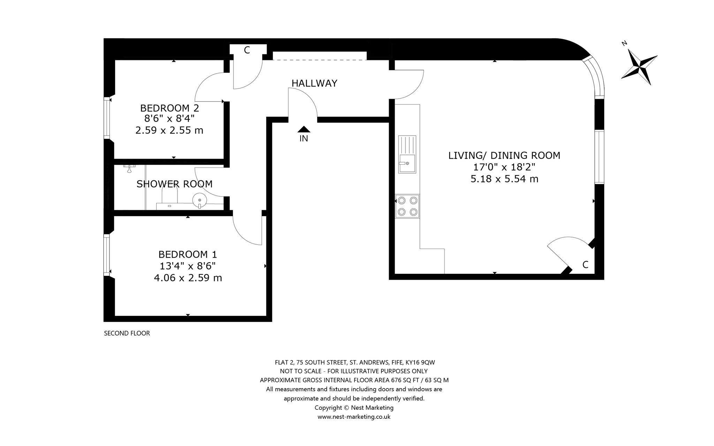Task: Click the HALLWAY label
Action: [x=314, y=83]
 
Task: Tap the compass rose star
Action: [x=639, y=67]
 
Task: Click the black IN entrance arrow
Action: [x=304, y=129]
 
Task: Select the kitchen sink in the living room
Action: [x=407, y=154]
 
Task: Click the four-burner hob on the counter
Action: [x=408, y=206]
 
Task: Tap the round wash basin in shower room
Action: [x=199, y=201]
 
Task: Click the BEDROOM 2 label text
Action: [x=169, y=108]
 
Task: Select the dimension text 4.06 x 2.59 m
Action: [x=188, y=278]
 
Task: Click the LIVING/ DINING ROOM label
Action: [x=504, y=156]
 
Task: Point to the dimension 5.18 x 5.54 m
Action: [x=504, y=179]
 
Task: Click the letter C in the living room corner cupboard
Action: [x=585, y=265]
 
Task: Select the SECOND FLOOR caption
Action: [x=127, y=333]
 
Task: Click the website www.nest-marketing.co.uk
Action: [x=354, y=417]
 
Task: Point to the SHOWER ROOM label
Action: [x=174, y=184]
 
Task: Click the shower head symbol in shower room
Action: [x=129, y=168]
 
